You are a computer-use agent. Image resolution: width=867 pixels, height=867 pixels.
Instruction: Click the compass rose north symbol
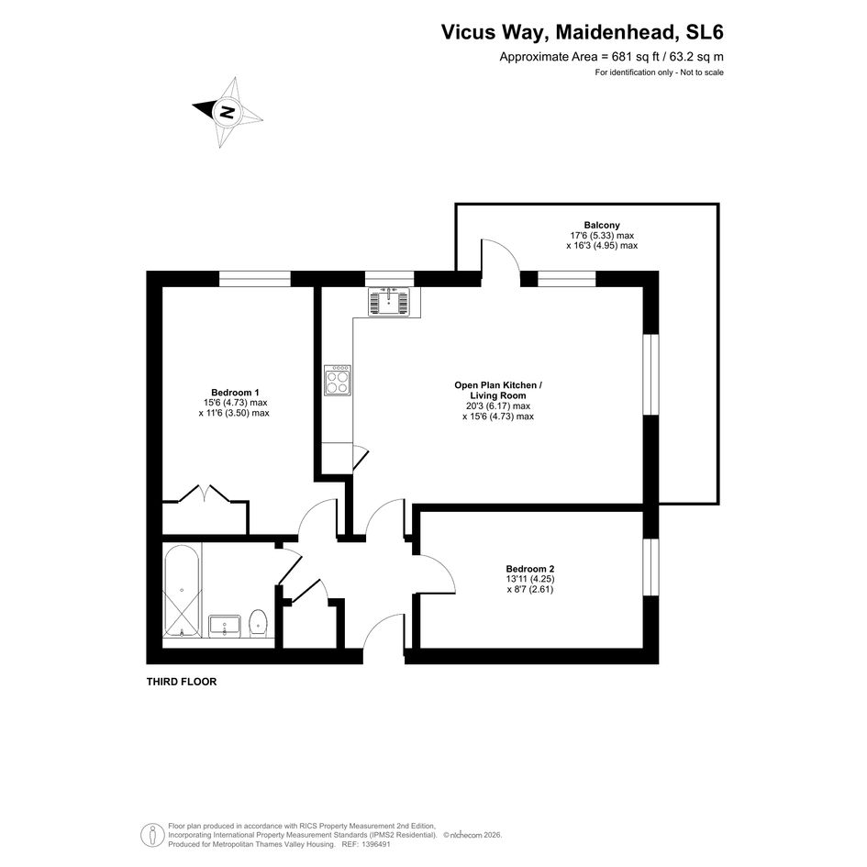tap(228, 112)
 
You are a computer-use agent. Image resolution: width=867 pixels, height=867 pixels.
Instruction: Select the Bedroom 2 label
tap(529, 569)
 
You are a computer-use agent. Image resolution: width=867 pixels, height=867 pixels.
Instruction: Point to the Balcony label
tap(602, 225)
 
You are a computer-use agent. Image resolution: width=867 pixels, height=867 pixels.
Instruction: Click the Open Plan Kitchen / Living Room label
tap(498, 390)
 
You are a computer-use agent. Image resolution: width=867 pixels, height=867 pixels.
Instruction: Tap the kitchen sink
tap(389, 302)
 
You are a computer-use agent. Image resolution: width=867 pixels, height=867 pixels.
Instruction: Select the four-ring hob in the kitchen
tap(338, 380)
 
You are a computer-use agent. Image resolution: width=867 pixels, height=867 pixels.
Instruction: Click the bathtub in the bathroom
tap(182, 591)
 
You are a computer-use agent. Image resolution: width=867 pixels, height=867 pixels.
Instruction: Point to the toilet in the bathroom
tap(258, 623)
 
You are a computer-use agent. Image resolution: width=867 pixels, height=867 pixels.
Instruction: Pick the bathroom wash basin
tap(225, 626)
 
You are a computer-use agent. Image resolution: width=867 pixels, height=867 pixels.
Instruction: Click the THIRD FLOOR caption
tap(182, 682)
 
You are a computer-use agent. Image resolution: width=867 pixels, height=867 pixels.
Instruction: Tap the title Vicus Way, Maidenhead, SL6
tap(583, 32)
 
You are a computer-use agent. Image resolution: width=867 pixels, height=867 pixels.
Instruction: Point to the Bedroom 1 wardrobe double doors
tap(205, 494)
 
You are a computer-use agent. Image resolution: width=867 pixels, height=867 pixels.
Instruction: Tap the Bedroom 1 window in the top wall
tap(255, 279)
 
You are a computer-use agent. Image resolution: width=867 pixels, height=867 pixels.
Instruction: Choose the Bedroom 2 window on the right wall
tap(651, 567)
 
